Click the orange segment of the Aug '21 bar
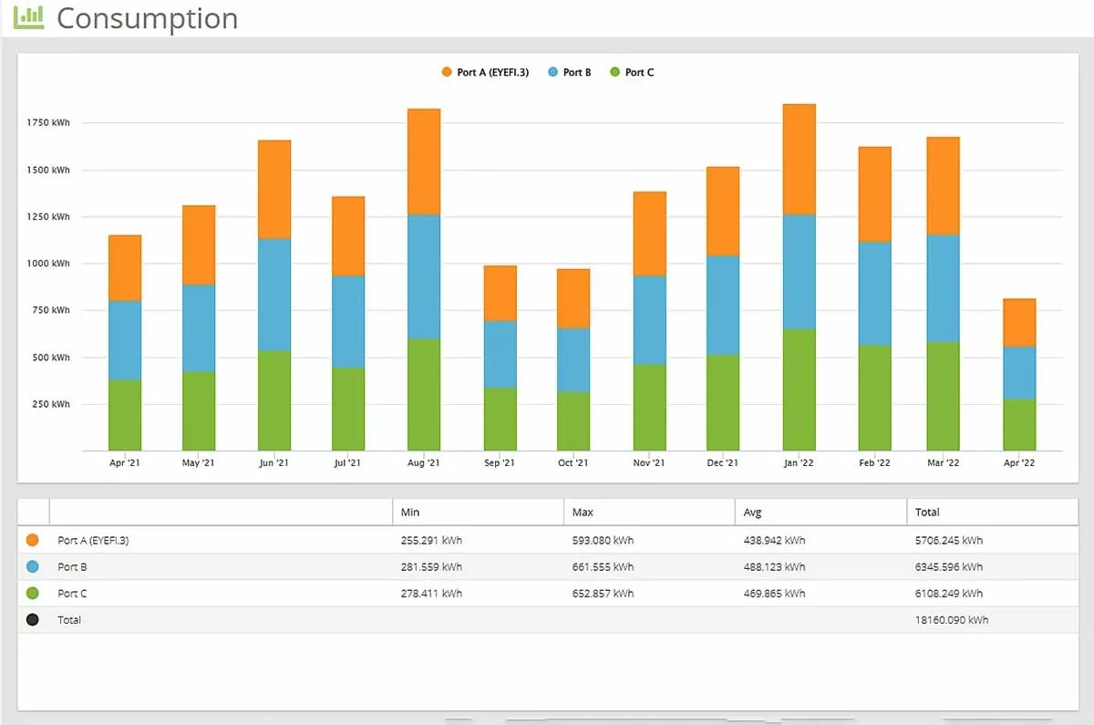point(424,162)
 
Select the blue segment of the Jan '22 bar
point(799,272)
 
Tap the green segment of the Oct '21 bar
point(573,420)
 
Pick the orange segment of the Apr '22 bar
point(1018,322)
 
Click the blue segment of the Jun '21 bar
point(274,295)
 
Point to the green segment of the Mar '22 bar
point(943,396)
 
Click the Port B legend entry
point(570,72)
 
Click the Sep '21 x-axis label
point(500,463)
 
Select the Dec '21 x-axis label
point(723,463)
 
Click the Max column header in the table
point(583,513)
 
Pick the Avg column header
point(754,513)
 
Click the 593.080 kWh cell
point(603,540)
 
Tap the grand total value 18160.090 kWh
point(952,620)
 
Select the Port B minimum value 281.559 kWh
point(431,566)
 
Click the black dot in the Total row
point(33,620)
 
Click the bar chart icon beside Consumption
point(28,16)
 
